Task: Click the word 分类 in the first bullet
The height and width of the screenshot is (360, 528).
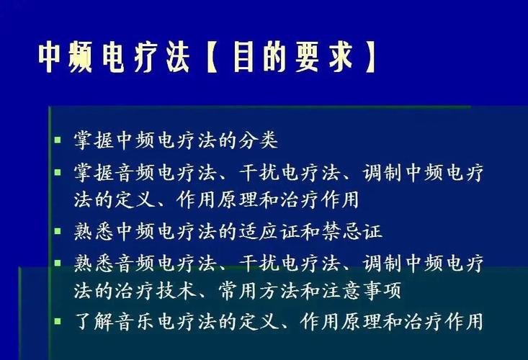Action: [x=258, y=140]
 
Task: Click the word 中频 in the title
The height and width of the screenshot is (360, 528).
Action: [x=65, y=57]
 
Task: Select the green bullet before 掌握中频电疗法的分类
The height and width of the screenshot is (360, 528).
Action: [x=58, y=139]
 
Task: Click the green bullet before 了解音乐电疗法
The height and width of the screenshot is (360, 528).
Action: [x=58, y=320]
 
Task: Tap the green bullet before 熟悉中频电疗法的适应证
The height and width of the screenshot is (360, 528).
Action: [x=58, y=231]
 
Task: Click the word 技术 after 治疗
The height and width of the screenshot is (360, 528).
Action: [x=176, y=290]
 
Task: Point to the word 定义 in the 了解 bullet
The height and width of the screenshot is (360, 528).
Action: [x=259, y=321]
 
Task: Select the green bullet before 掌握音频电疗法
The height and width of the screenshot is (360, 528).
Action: [x=58, y=172]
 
